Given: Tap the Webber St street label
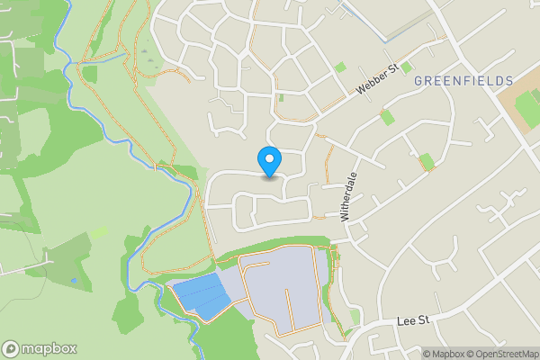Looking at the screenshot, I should (x=376, y=81).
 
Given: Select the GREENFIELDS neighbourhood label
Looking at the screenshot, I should (x=463, y=81).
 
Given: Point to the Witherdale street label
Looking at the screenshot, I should (x=349, y=196).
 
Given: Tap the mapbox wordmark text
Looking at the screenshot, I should (x=49, y=349).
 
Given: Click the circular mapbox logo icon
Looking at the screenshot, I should (x=11, y=349).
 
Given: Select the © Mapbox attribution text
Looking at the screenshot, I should (x=446, y=354).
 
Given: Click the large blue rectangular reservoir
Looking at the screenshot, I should (x=200, y=294).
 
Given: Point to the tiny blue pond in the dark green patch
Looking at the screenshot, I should (x=74, y=281).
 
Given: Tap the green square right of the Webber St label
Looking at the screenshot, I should (x=406, y=67).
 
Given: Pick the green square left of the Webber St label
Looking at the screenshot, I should (x=339, y=67).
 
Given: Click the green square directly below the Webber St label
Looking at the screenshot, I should (x=387, y=116).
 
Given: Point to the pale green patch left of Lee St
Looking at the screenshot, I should (x=355, y=316).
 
